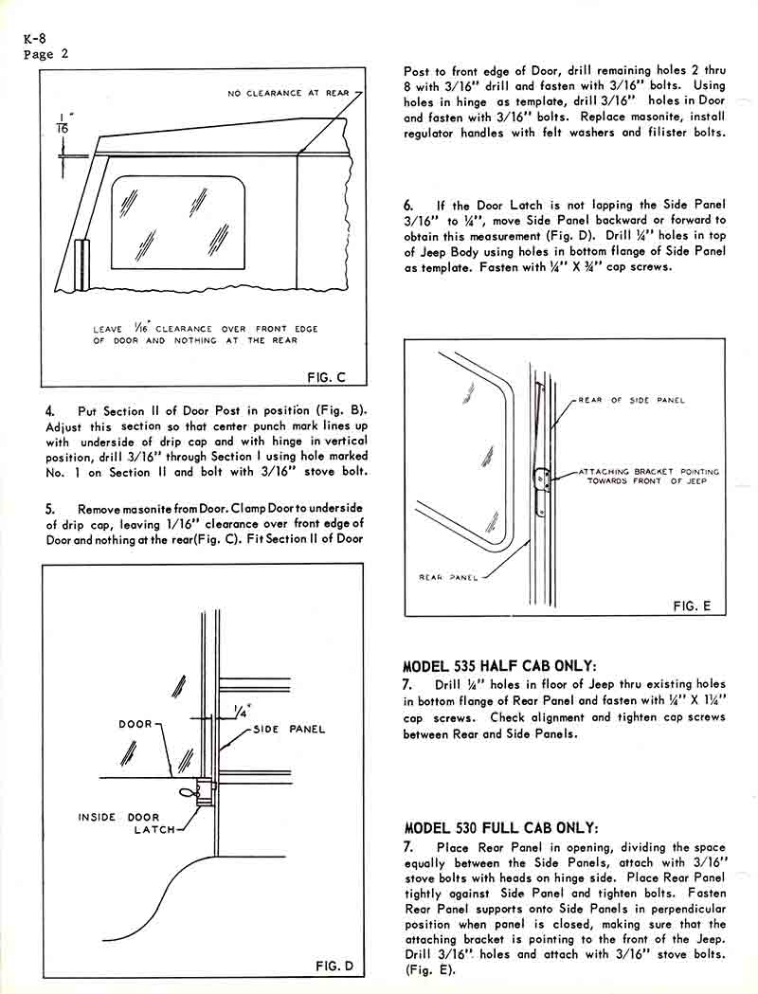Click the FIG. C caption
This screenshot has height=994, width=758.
327,377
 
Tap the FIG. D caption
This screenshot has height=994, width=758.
334,966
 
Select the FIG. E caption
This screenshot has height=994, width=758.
692,605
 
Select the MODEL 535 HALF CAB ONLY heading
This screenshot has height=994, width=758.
501,665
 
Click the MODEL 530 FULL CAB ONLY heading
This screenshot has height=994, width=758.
501,827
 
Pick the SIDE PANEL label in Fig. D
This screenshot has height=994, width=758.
288,730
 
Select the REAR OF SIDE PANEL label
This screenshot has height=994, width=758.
644,401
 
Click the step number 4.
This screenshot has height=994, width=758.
50,411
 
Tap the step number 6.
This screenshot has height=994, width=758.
408,206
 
